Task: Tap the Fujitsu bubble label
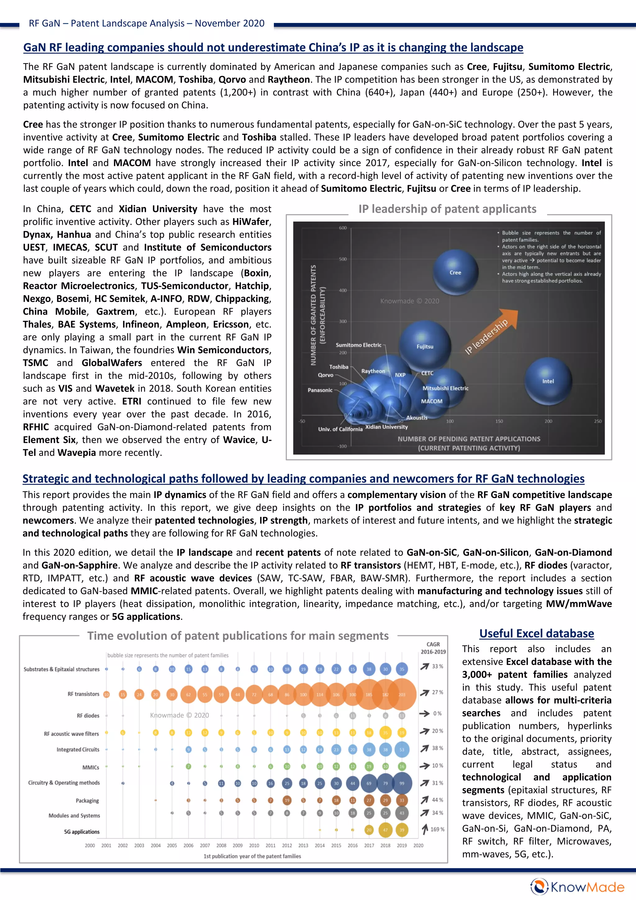425,346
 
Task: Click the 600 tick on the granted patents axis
343,228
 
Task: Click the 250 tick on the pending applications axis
597,421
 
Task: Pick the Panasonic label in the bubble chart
320,390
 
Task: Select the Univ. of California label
340,429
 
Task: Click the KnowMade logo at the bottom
577,887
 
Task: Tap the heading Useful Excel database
536,633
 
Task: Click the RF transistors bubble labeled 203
402,695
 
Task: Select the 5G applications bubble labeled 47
385,830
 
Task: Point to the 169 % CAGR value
437,829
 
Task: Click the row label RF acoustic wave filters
71,734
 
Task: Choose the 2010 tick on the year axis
254,846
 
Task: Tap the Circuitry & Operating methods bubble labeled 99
402,783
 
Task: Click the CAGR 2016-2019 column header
433,648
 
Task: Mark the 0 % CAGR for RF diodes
437,713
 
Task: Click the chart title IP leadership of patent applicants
447,209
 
